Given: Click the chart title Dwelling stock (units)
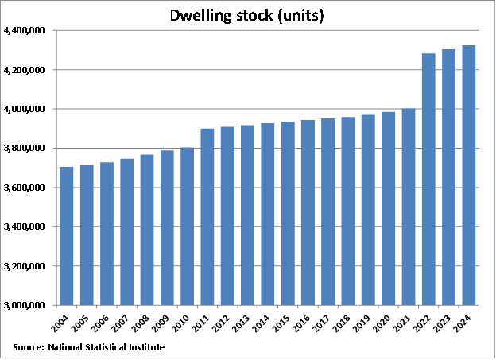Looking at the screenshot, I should (247, 16).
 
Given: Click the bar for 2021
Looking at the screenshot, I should (409, 207).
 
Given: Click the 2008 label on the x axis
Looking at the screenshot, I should (145, 322).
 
